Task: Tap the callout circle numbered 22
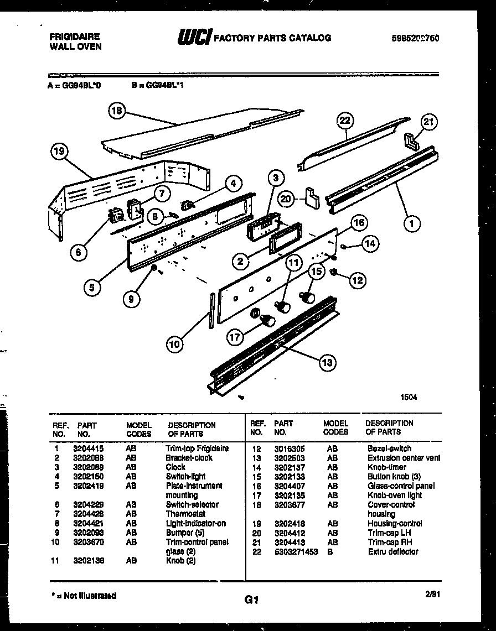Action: click(x=346, y=120)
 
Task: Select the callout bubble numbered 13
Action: click(x=327, y=362)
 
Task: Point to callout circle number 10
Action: click(x=175, y=344)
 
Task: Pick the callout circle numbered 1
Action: click(x=411, y=224)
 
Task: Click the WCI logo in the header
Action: click(x=194, y=38)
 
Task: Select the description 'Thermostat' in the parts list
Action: click(x=185, y=514)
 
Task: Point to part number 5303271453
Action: click(x=296, y=552)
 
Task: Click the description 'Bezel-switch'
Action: click(x=389, y=449)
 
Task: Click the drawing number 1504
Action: click(x=409, y=397)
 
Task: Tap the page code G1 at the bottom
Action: click(x=251, y=599)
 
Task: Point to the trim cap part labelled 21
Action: click(x=412, y=141)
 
